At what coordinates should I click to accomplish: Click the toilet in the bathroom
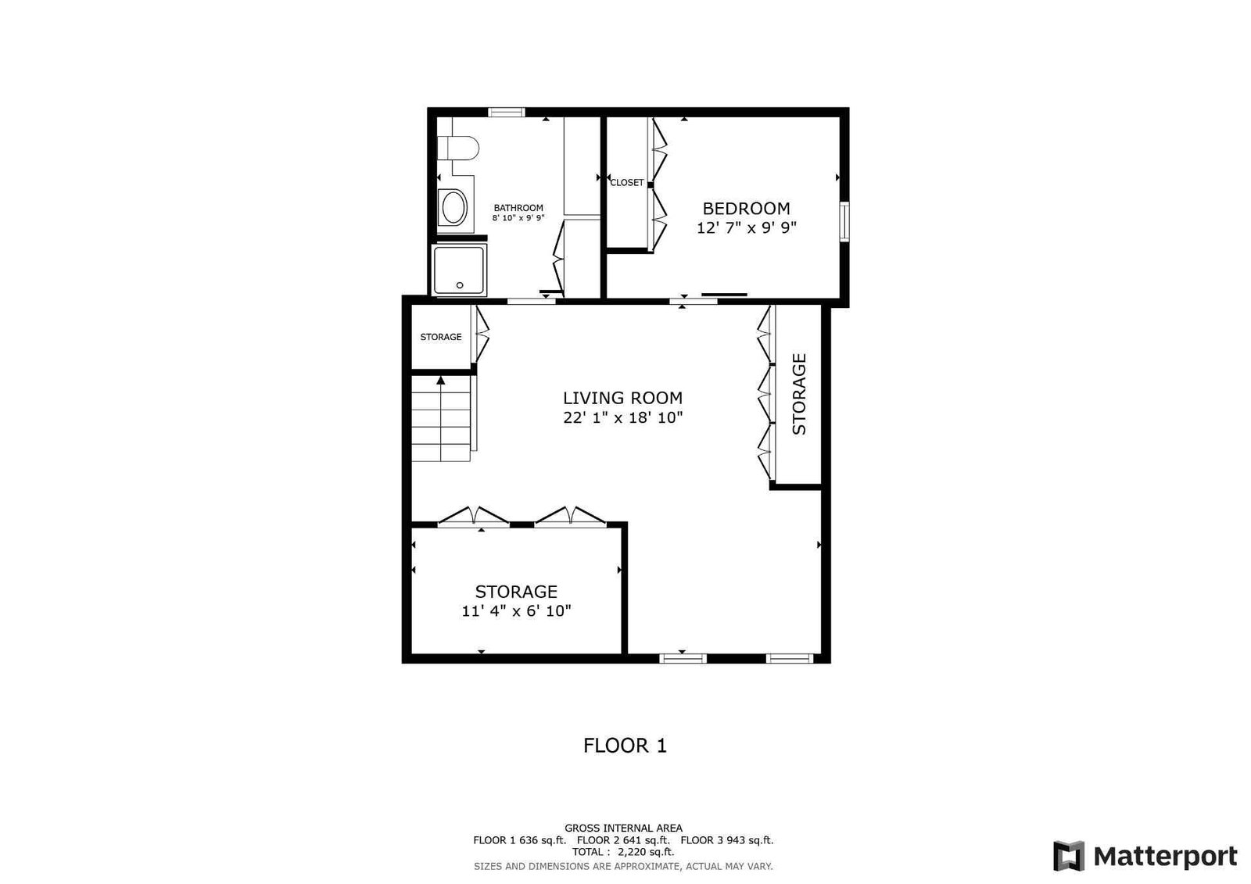coord(458,148)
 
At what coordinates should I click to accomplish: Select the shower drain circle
coord(460,285)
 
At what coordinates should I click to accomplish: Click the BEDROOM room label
coord(746,208)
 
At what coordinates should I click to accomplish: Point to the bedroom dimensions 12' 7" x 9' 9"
coord(746,228)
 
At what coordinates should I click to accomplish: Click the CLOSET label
coord(627,183)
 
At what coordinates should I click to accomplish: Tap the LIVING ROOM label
coord(622,398)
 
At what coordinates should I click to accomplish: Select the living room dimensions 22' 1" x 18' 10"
coord(622,417)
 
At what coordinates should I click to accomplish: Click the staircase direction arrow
coord(441,381)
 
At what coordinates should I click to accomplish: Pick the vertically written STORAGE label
coord(799,394)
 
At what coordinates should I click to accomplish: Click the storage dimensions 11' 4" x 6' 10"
coord(517,611)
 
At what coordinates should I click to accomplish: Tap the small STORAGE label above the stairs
coord(441,337)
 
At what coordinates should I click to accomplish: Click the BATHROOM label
coord(518,208)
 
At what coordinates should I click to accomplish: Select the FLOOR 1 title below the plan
coord(625,746)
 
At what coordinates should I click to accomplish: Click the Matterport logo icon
coord(1069,856)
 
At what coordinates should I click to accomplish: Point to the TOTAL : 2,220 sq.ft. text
coord(623,852)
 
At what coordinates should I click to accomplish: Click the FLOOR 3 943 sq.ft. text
coord(727,840)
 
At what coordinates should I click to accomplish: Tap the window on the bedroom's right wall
coord(844,222)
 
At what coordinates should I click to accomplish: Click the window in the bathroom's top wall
coord(507,113)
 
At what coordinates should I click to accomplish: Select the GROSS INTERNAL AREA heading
coord(623,829)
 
